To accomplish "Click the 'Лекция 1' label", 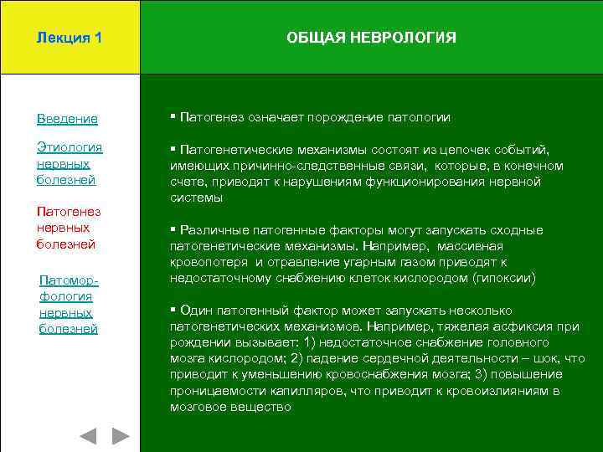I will pos(70,38).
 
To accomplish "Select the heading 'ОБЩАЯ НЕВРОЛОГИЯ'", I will pos(371,38).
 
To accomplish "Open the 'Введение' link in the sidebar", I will pos(67,119).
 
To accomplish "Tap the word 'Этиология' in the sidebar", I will pos(70,147).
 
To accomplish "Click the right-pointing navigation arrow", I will pos(121,435).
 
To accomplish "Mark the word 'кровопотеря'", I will pos(204,262).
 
